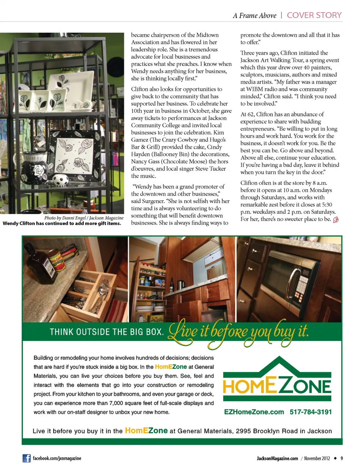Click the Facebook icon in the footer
click(x=27, y=458)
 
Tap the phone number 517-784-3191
click(x=311, y=412)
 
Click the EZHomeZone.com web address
click(x=254, y=412)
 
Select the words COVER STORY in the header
click(x=314, y=15)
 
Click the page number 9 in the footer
click(x=342, y=458)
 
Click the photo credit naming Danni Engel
click(x=84, y=218)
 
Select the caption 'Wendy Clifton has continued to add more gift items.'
click(x=62, y=224)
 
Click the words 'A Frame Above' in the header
click(x=254, y=16)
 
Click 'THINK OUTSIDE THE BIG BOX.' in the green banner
click(x=107, y=332)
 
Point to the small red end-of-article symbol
click(x=336, y=220)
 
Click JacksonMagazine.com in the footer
click(x=277, y=458)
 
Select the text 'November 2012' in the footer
click(x=317, y=458)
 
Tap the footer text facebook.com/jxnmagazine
click(x=57, y=458)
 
